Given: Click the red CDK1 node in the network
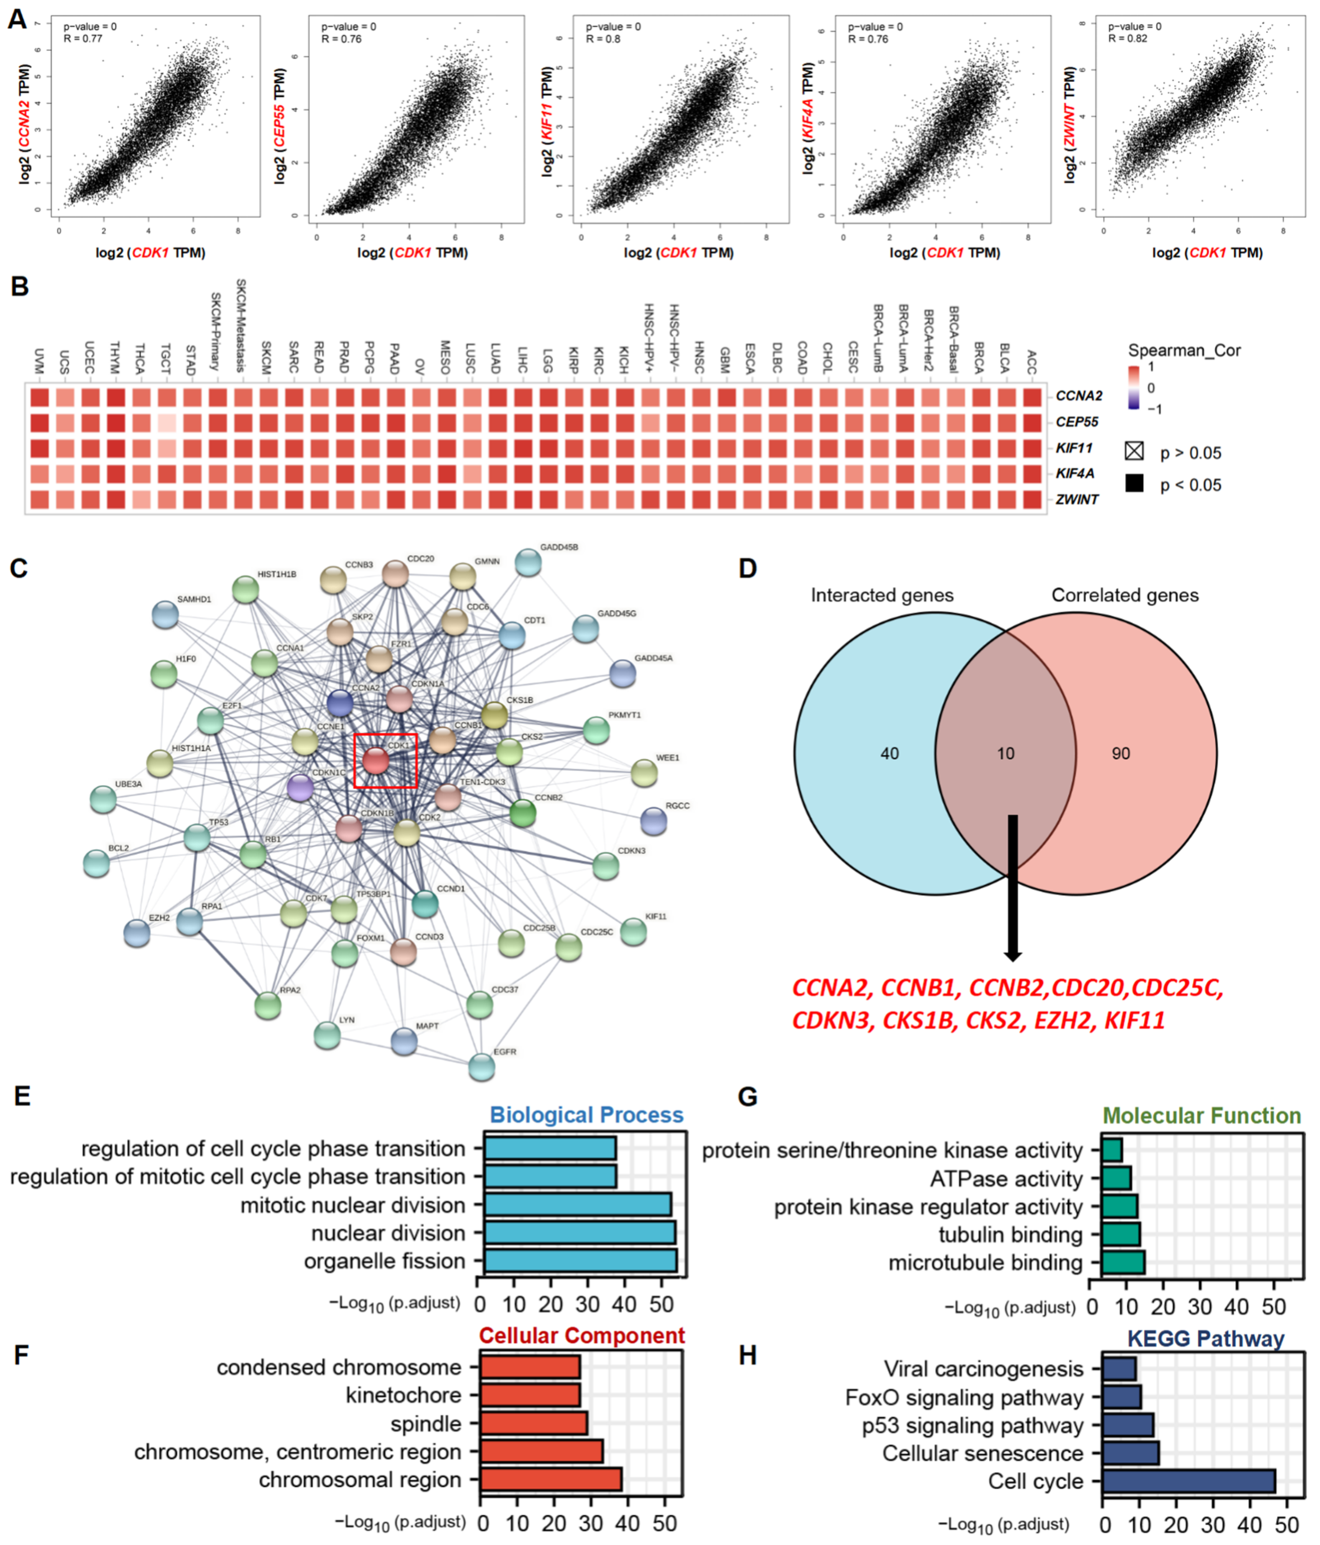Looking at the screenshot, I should pos(375,761).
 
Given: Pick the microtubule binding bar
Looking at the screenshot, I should pos(1122,1262).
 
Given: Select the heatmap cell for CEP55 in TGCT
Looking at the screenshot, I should pos(166,422).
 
